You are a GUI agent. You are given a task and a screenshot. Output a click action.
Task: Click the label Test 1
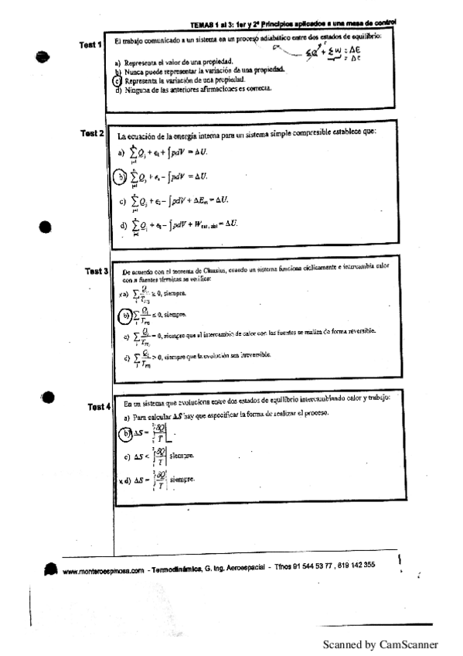(x=90, y=45)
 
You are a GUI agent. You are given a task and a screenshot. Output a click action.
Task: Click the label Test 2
(x=92, y=134)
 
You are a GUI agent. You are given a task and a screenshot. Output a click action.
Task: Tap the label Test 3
(x=96, y=272)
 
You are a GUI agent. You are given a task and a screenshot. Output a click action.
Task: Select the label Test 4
(x=99, y=406)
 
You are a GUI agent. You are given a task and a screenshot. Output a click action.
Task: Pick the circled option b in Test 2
(x=120, y=178)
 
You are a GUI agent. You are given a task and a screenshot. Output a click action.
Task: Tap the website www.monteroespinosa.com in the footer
(x=105, y=572)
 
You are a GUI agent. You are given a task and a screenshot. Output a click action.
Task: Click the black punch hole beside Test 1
(x=43, y=56)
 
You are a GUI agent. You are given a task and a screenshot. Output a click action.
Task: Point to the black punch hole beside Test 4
(x=49, y=398)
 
